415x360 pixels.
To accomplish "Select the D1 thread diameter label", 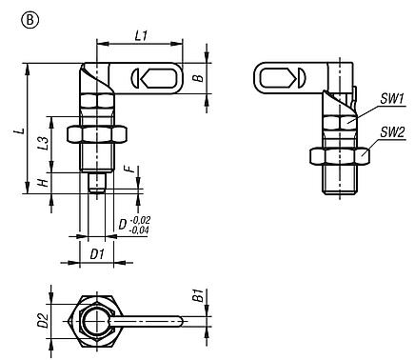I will tap(97, 255).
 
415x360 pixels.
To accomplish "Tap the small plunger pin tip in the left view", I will tap(98, 185).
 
